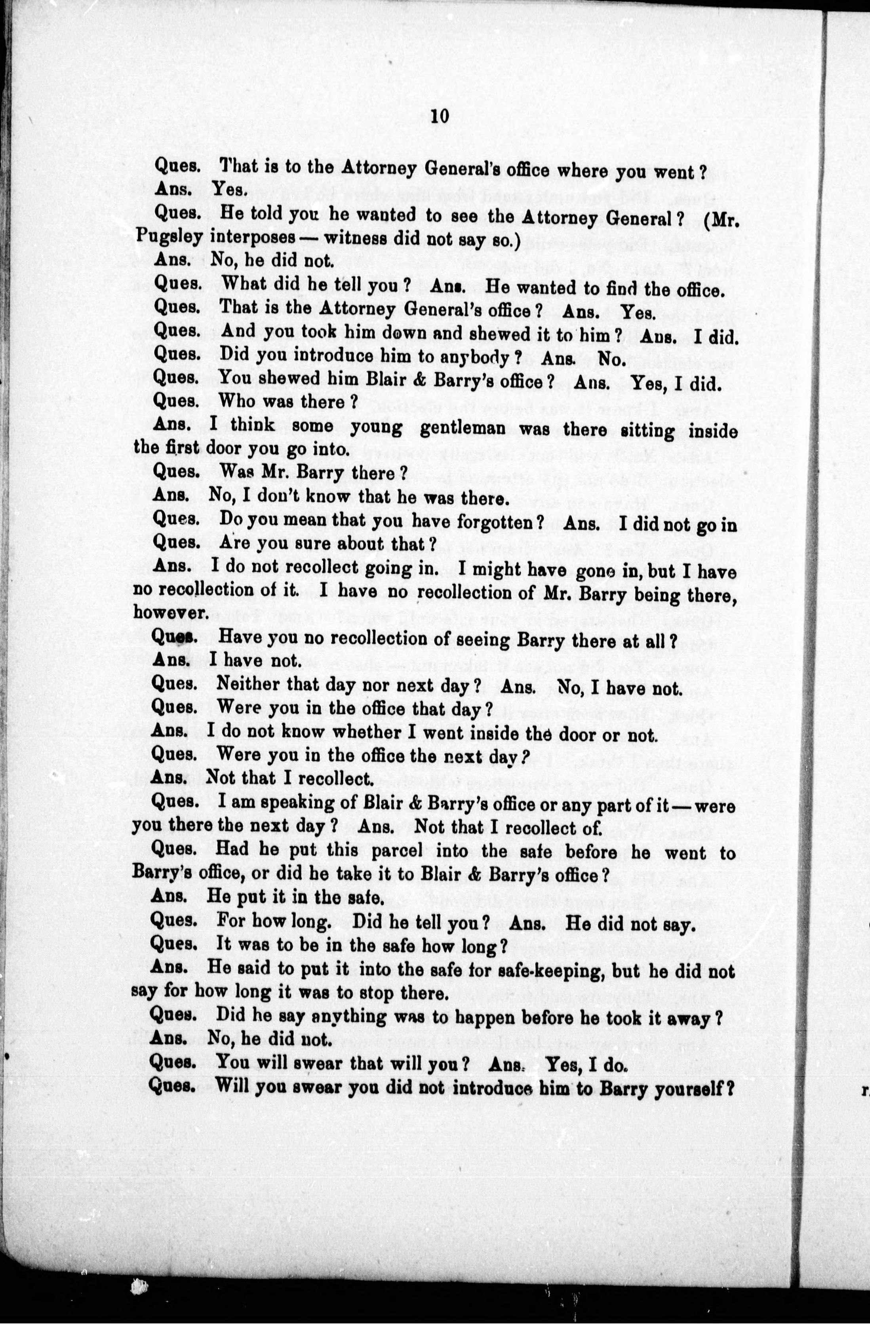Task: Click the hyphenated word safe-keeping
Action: coord(551,971)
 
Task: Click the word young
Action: coord(377,428)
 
